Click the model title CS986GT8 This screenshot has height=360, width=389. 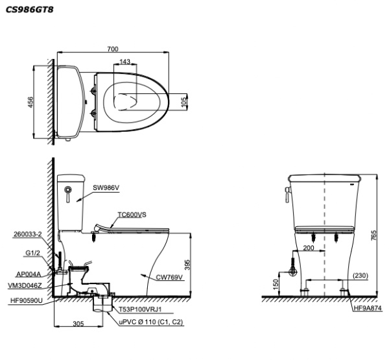pyautogui.click(x=29, y=10)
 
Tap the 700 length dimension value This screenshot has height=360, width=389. pyautogui.click(x=113, y=49)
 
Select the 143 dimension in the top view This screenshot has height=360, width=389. pyautogui.click(x=124, y=62)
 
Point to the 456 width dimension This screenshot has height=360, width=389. pyautogui.click(x=30, y=102)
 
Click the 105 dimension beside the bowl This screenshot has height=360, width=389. pyautogui.click(x=184, y=102)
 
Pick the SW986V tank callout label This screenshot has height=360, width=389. pyautogui.click(x=106, y=187)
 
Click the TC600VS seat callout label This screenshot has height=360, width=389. pyautogui.click(x=132, y=215)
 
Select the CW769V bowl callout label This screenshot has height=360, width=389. pyautogui.click(x=169, y=277)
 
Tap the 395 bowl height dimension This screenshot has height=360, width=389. pyautogui.click(x=187, y=265)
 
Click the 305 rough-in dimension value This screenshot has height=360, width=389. pyautogui.click(x=78, y=324)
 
